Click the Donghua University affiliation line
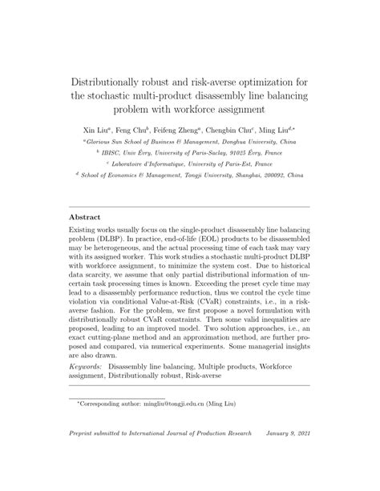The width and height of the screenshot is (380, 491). click(x=190, y=140)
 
